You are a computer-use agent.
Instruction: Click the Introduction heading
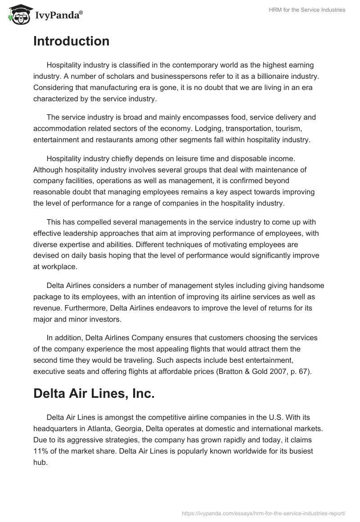click(71, 41)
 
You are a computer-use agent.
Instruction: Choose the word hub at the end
click(40, 462)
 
